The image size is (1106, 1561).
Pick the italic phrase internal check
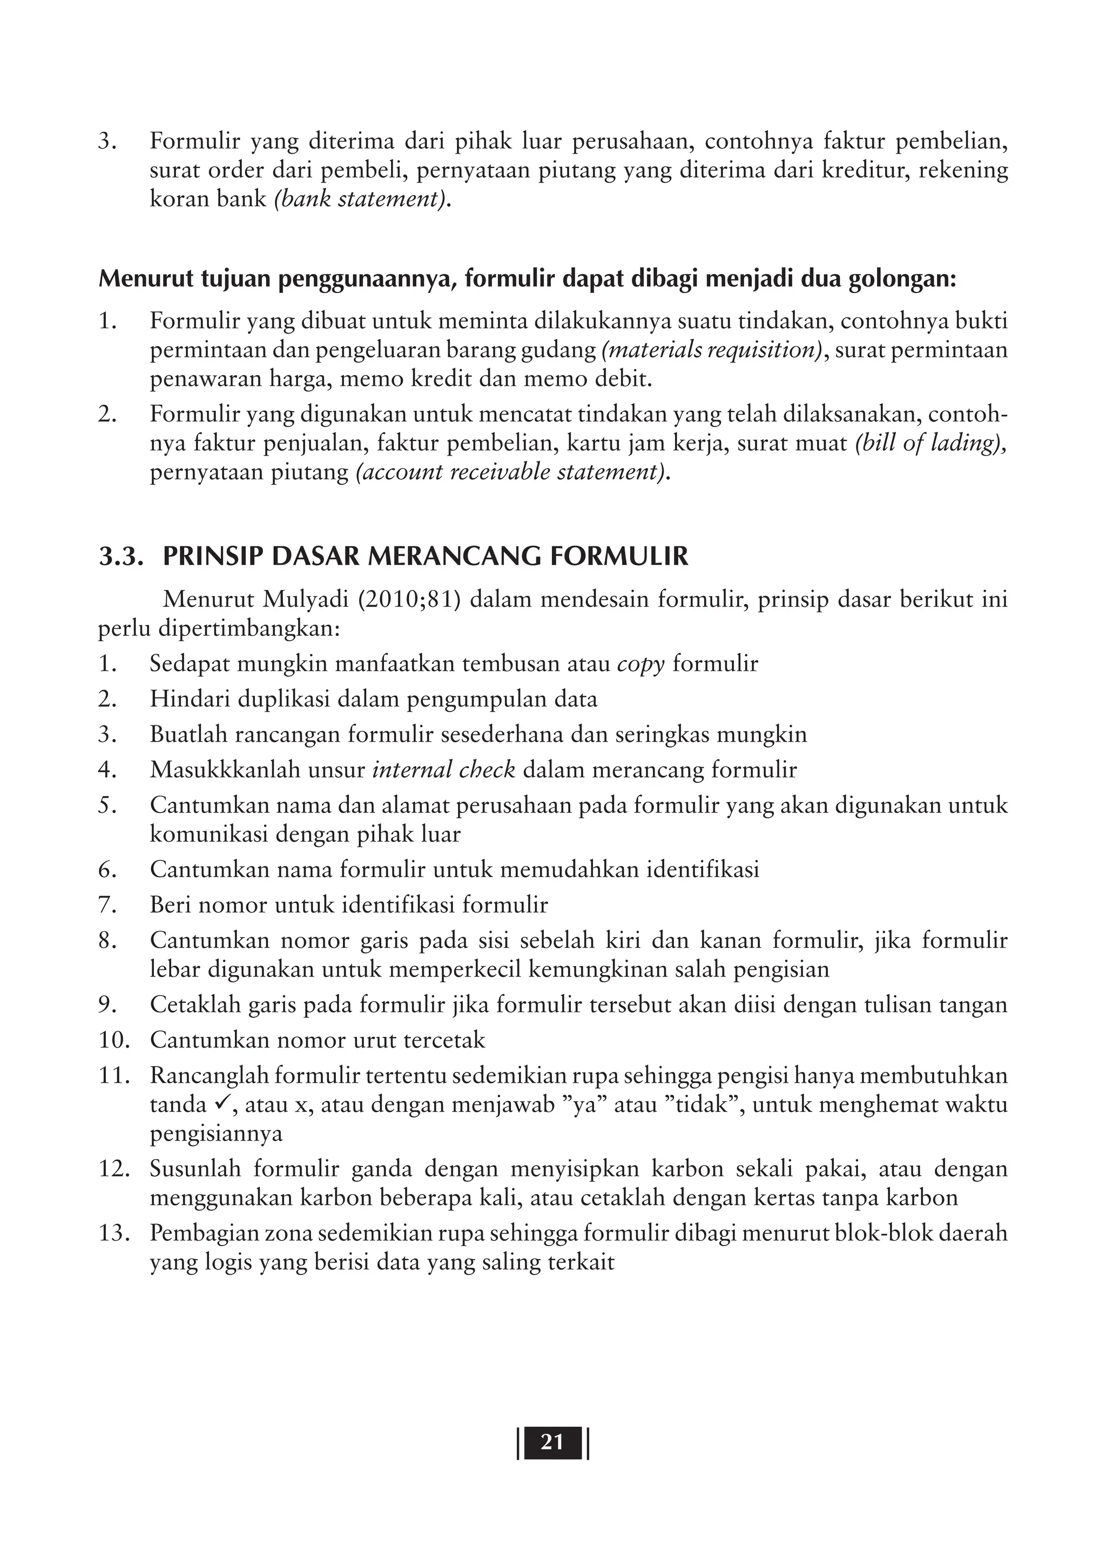pyautogui.click(x=443, y=769)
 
